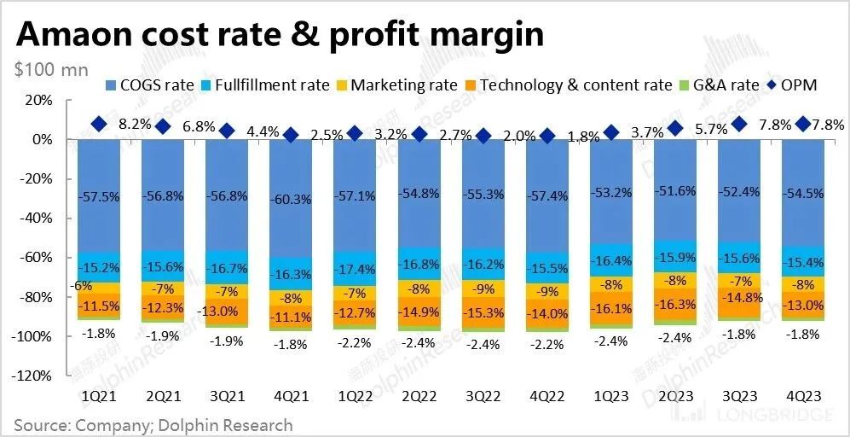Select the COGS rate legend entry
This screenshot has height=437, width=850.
145,85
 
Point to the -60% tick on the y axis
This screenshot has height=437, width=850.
38,257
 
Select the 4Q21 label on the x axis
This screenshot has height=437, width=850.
291,397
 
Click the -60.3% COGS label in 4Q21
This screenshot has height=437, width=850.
291,198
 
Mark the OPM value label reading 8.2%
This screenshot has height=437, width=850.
135,124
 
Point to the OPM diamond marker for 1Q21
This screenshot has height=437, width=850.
99,125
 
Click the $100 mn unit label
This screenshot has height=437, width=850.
51,69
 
